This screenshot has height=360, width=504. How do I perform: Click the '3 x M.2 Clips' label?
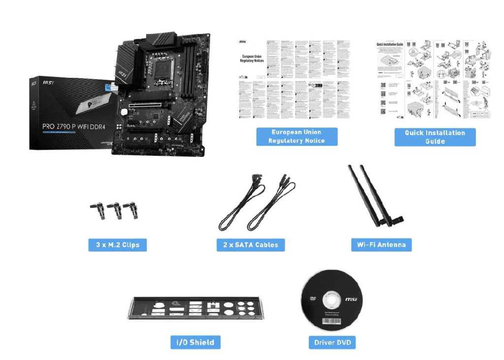coord(118,245)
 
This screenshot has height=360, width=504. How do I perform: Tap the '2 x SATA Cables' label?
coord(251,245)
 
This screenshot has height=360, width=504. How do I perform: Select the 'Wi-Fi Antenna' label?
coord(381,245)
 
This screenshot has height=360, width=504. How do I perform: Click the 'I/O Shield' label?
coord(195,342)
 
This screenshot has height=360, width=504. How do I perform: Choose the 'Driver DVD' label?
coord(332,342)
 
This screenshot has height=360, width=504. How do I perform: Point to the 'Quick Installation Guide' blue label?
coord(435,137)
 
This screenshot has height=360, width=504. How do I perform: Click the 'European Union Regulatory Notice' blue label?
coord(296,136)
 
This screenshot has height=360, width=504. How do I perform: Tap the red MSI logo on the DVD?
coord(351,299)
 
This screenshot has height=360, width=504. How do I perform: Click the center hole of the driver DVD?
coord(329,300)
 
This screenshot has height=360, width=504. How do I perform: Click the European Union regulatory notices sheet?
coord(296,78)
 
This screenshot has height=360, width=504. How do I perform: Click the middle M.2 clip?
coord(117,210)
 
